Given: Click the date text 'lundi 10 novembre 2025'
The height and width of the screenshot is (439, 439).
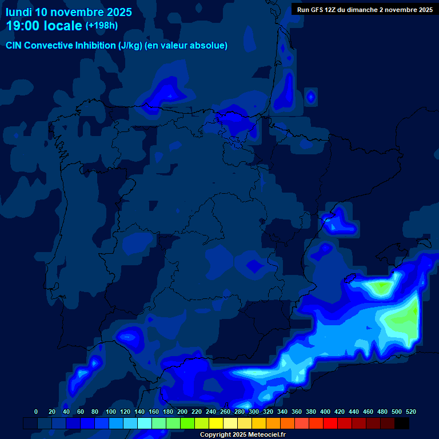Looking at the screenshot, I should [69, 12].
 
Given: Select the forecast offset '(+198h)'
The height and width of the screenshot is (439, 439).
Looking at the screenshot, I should [102, 25].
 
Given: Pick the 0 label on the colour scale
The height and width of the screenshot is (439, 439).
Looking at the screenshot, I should [36, 412].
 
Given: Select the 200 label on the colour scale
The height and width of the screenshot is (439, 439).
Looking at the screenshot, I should [182, 412].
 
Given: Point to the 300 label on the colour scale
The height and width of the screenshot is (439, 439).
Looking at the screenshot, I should [253, 412].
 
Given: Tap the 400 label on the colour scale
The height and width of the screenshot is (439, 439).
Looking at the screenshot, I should [325, 412].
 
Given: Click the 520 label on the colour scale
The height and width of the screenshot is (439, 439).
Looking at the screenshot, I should [410, 412].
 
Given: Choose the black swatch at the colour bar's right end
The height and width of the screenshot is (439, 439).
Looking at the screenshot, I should [402, 423].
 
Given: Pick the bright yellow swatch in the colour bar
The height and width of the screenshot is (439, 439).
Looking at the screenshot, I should [216, 423].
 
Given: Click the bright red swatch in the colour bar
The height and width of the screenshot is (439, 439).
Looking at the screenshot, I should [330, 423].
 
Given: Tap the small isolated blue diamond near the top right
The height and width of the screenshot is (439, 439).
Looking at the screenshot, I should [310, 97].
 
